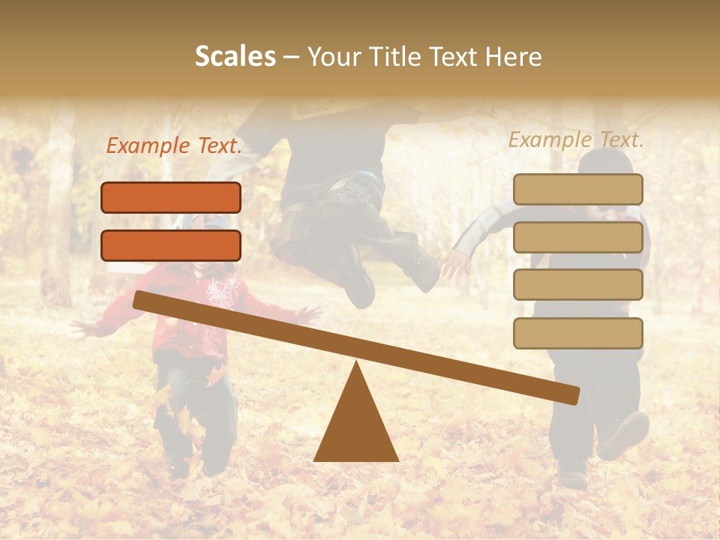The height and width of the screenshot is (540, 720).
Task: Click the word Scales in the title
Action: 235,56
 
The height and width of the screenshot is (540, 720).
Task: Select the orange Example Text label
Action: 173,146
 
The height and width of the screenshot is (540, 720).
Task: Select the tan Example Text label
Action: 576,139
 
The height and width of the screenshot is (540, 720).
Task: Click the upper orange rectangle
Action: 171,197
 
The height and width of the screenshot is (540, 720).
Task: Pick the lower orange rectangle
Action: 171,245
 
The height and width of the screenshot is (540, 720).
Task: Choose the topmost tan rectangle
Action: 577,189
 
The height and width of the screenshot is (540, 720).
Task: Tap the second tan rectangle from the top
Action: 577,237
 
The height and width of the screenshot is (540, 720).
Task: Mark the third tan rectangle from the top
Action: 577,285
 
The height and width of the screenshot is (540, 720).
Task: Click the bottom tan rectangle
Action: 577,333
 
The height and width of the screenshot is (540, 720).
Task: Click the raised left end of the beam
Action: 139,300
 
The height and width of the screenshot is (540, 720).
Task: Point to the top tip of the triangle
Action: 356,363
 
